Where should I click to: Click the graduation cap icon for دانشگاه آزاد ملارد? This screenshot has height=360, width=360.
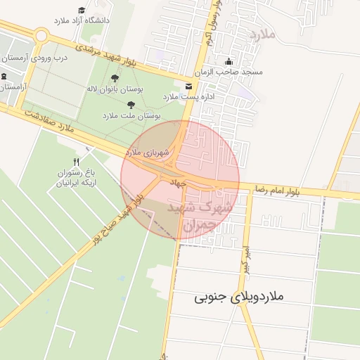[x=82, y=11]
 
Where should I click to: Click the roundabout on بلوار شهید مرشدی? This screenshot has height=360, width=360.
[x=41, y=35]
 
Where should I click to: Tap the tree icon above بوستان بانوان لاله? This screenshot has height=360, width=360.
[x=115, y=78]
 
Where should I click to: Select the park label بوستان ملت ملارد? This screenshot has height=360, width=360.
[x=131, y=114]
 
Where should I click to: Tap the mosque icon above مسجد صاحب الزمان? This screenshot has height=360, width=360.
[x=228, y=61]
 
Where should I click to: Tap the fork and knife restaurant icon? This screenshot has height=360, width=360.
[x=86, y=162]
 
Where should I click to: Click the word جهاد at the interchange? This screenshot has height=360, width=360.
[x=176, y=181]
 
